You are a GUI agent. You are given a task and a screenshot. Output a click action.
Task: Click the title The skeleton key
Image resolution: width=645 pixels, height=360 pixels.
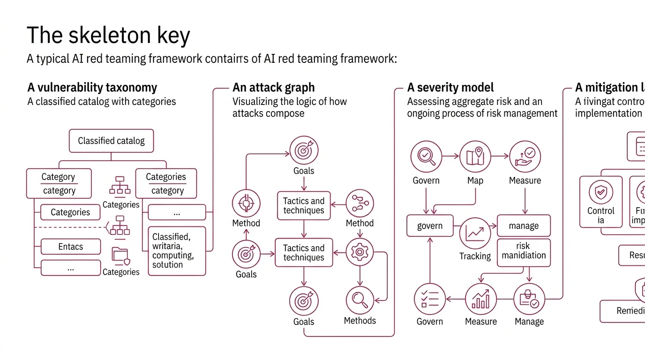click(108, 35)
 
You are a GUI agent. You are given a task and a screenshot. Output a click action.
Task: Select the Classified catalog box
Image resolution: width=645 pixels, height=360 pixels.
click(111, 141)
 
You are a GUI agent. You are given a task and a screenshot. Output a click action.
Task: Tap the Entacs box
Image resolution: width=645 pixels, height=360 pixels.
click(70, 247)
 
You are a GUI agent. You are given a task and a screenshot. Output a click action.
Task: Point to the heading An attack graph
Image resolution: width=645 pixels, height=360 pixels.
click(273, 88)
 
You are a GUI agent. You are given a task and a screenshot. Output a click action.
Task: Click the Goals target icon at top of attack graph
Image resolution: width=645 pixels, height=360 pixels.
click(304, 150)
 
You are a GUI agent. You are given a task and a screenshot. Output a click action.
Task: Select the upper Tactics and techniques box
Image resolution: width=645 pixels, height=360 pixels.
click(304, 205)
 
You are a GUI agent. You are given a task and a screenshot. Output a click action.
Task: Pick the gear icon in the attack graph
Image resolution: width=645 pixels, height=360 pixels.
click(360, 252)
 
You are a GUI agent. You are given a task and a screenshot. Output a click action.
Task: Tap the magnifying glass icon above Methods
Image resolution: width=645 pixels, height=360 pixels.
click(360, 300)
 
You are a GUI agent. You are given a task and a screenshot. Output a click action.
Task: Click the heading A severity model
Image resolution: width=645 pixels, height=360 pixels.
click(450, 88)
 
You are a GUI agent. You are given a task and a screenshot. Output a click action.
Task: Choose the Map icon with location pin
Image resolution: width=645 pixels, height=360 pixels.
click(475, 157)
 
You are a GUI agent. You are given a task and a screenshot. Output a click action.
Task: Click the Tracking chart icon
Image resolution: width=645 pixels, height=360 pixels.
click(475, 233)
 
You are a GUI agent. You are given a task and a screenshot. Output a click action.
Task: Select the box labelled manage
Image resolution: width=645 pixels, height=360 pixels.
click(524, 225)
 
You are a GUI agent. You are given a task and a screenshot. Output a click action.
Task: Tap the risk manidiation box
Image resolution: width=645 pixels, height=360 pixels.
click(524, 251)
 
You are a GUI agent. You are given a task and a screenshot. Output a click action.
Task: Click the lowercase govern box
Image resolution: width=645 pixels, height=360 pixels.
click(430, 225)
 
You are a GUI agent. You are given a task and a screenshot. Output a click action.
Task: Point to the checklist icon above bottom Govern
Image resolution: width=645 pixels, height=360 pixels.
click(430, 299)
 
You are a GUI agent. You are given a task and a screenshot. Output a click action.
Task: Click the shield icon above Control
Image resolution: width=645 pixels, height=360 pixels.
click(600, 192)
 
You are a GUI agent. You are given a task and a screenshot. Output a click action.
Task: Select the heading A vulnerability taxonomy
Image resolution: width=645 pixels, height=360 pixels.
click(92, 88)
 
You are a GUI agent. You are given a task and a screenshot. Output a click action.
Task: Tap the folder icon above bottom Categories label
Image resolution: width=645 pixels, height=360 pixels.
click(120, 255)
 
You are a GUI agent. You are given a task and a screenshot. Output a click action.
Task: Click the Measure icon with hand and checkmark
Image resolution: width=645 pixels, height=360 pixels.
click(525, 157)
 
